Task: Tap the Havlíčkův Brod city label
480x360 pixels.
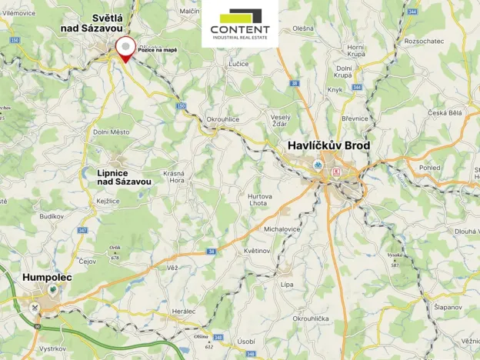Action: click(328, 145)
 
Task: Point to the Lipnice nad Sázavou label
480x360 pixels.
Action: click(124, 178)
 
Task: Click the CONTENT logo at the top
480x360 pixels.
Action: click(240, 25)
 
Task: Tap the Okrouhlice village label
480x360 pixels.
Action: click(224, 120)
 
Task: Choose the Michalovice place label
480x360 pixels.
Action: click(282, 229)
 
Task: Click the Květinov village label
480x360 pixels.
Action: click(256, 251)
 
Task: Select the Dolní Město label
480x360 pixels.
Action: click(112, 132)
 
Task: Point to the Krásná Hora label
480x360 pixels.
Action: click(174, 177)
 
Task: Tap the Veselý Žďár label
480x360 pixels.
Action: click(281, 120)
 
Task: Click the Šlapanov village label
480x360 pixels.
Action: click(447, 308)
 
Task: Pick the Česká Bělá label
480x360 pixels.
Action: click(445, 112)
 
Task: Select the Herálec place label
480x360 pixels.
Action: click(185, 310)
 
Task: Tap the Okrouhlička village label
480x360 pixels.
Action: click(311, 318)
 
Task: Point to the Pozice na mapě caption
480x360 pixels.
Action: click(157, 49)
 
